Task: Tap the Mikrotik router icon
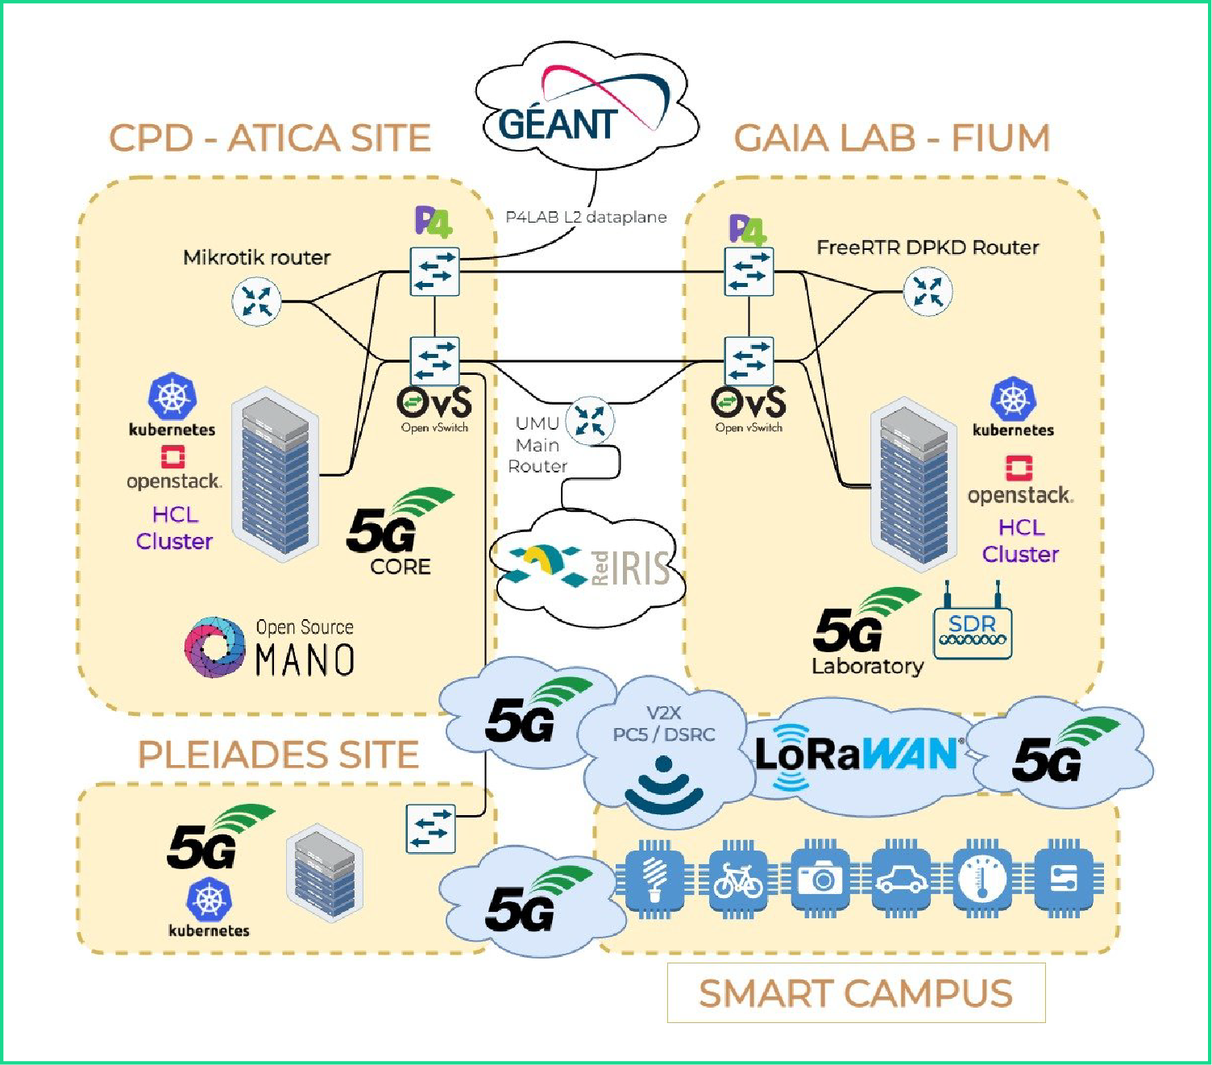coord(256,302)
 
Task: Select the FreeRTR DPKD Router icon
coord(928,292)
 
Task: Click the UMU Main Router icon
coord(590,421)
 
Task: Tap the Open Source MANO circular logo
coord(214,647)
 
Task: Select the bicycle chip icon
coord(738,880)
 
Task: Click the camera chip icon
coord(820,880)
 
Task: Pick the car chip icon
coord(902,880)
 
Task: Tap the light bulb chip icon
coord(656,880)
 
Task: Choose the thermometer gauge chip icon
coord(982,880)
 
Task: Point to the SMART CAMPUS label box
coord(856,993)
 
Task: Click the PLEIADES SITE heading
coord(278,755)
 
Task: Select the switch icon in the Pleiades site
coord(431,829)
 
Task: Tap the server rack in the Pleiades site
coord(324,872)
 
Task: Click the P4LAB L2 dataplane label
coord(586,217)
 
